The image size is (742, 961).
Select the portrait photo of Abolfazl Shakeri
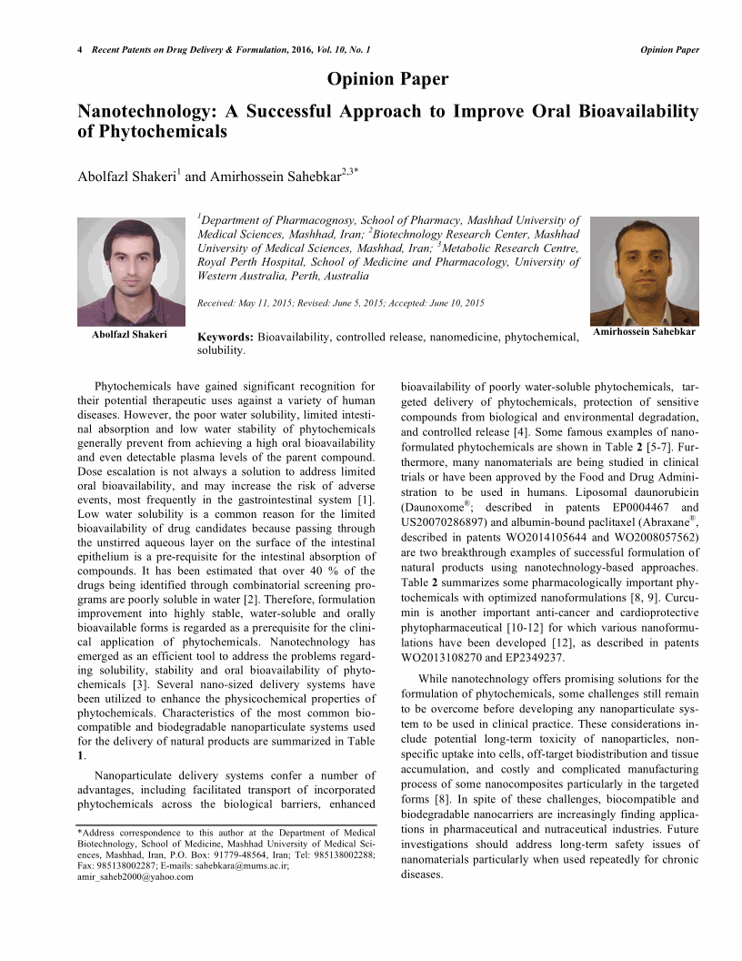[129, 271]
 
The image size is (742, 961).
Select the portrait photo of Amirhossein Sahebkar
[644, 271]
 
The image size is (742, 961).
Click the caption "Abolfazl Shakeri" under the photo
[129, 334]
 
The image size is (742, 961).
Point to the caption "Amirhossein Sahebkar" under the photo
[644, 332]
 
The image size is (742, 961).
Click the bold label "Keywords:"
[226, 338]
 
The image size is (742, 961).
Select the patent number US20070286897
[446, 522]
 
